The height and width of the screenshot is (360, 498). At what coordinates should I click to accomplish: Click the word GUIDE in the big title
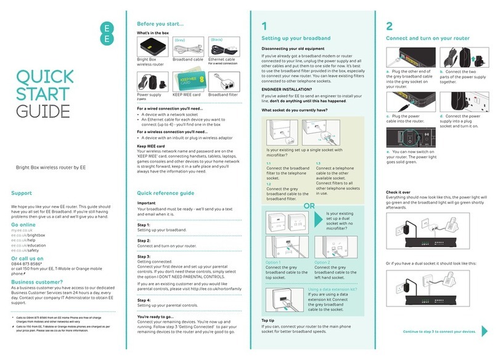pos(43,111)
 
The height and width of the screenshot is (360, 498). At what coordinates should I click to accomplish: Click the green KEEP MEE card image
pos(186,81)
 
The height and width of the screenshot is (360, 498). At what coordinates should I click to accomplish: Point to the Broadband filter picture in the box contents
pos(223,81)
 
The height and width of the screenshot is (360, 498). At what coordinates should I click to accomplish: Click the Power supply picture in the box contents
pos(150,81)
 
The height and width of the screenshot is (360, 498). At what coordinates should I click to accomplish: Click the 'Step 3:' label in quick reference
pos(144,255)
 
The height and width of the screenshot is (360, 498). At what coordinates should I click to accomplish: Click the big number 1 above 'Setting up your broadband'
pos(264,26)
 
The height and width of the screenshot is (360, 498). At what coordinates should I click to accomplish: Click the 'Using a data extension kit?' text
pos(332,288)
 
